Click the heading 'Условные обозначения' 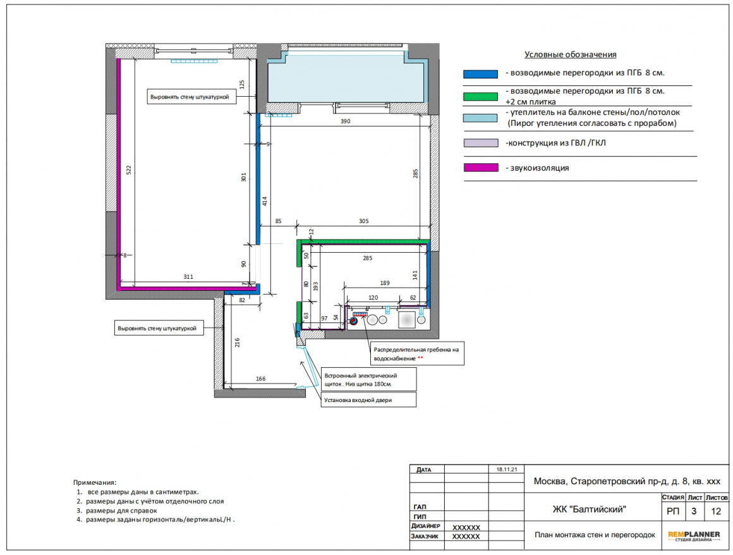(x=571, y=55)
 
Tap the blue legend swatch (x=481, y=74)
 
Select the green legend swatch (x=481, y=97)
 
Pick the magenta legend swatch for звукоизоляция (x=481, y=168)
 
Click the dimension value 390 (x=346, y=121)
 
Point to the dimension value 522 (x=129, y=170)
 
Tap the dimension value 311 (x=188, y=277)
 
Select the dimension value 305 (x=364, y=221)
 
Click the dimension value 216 (x=237, y=342)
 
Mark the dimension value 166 (x=260, y=379)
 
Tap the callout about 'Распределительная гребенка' (x=417, y=354)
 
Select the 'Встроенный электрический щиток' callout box (x=368, y=380)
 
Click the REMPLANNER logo (x=694, y=536)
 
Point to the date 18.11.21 (x=507, y=470)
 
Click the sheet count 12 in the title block (x=716, y=511)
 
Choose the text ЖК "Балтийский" (x=589, y=509)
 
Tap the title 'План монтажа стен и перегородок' (x=595, y=535)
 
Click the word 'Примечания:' (x=95, y=482)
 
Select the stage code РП (x=673, y=511)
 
